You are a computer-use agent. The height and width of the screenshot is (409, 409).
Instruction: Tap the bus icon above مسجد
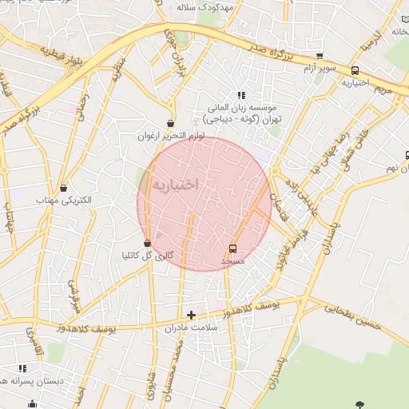pyautogui.click(x=232, y=248)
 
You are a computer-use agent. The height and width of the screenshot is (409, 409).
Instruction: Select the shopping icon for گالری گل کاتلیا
pyautogui.click(x=147, y=243)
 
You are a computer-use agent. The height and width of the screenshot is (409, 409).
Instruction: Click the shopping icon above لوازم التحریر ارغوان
pyautogui.click(x=170, y=123)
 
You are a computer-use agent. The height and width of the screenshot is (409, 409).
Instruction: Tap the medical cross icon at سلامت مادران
pyautogui.click(x=191, y=315)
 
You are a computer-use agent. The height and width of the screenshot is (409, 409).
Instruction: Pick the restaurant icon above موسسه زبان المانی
pyautogui.click(x=242, y=94)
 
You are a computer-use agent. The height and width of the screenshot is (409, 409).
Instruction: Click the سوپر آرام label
pyautogui.click(x=320, y=69)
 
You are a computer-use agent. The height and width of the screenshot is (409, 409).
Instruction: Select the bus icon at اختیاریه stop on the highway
pyautogui.click(x=355, y=69)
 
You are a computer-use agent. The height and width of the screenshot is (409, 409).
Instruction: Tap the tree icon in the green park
pyautogui.click(x=359, y=404)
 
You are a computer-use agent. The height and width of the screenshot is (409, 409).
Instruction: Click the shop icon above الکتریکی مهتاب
pyautogui.click(x=63, y=188)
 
